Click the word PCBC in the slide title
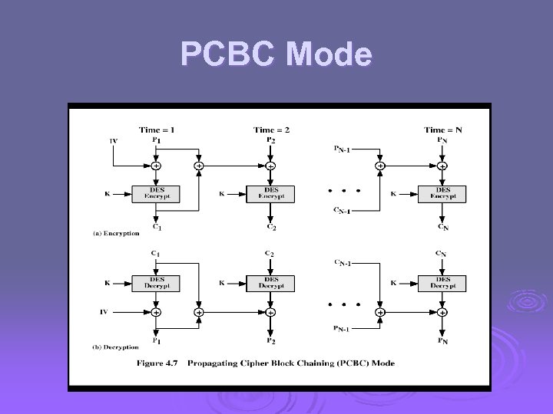228,55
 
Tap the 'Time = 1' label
156,130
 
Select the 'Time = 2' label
271,130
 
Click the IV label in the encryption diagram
114,141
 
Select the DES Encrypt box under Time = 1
156,193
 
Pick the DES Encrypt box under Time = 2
271,193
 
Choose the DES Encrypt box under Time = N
442,193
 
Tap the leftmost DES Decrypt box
156,282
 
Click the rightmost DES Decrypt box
442,282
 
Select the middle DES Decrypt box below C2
271,282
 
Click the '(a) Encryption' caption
117,232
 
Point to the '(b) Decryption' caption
117,347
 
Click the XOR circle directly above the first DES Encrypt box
156,166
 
